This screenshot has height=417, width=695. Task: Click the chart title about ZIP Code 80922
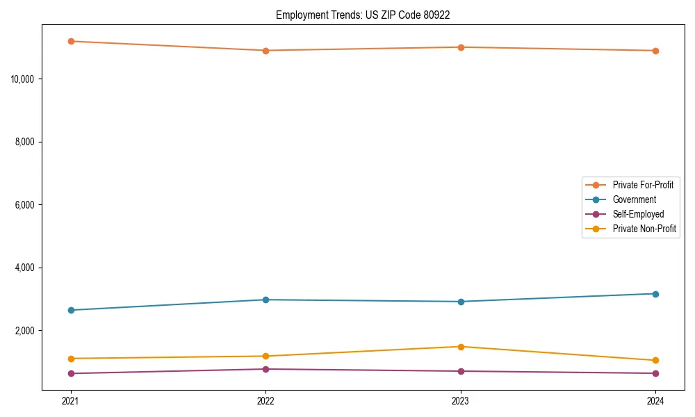coord(363,15)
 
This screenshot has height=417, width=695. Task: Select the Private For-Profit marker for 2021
coord(70,41)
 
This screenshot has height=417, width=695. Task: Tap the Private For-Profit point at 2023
coord(461,47)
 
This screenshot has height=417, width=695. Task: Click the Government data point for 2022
coord(265,300)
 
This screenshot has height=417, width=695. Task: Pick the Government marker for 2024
coord(655,294)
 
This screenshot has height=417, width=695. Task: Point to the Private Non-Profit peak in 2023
coord(461,347)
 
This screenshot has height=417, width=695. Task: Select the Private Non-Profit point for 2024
coord(655,360)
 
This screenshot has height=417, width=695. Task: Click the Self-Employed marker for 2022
coord(265,369)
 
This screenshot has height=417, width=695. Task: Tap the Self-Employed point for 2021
coord(70,373)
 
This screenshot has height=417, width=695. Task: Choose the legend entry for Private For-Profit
coord(643,185)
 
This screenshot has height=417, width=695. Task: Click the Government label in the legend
coord(634,199)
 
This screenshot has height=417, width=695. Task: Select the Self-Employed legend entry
coord(638,214)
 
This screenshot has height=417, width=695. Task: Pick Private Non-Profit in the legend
coord(644,229)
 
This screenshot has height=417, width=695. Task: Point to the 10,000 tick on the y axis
coord(23,79)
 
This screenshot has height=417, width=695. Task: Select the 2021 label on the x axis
coord(70,400)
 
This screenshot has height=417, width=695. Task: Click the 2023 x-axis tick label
coord(461,400)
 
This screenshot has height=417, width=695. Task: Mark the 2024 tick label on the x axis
coord(655,400)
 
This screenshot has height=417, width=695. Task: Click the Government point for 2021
coord(70,310)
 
